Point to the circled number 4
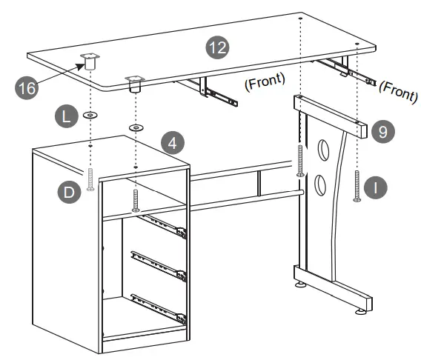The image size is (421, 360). pos(172,141)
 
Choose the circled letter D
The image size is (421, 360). pos(68,192)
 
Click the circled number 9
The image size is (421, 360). pos(382,132)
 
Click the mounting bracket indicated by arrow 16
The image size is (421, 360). pos(91,61)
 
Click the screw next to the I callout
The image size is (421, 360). pos(357,185)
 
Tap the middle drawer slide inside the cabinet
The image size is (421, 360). pos(158,264)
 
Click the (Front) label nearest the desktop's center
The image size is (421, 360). pos(265,82)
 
